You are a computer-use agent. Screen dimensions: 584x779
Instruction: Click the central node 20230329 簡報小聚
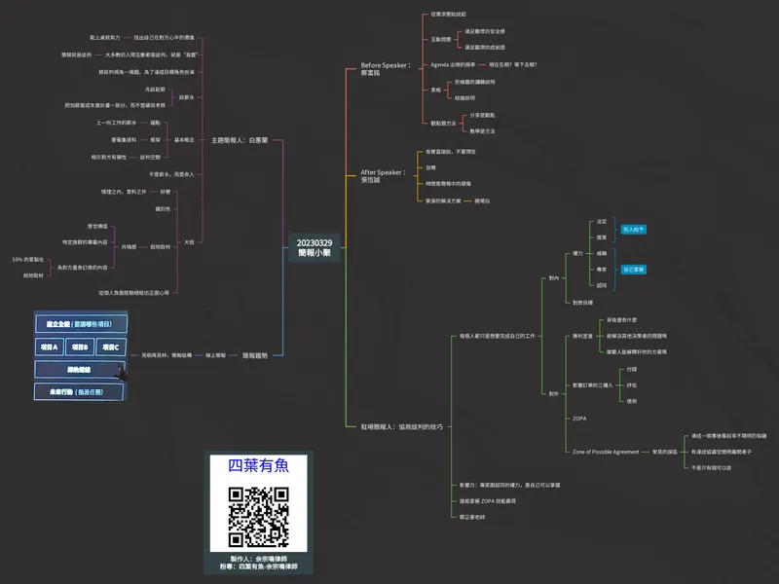[315, 248]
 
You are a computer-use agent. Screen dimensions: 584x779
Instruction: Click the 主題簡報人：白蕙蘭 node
[240, 140]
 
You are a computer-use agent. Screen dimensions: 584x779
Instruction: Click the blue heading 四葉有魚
[259, 465]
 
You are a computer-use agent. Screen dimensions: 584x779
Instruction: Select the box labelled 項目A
[49, 347]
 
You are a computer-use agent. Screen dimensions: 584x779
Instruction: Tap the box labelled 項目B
[81, 347]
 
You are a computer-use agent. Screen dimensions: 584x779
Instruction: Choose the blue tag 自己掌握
[634, 269]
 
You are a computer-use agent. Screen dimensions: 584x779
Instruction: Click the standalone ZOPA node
[579, 418]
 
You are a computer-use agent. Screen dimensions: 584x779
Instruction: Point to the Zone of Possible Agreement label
[606, 452]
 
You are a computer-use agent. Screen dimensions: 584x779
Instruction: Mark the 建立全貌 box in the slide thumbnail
[80, 323]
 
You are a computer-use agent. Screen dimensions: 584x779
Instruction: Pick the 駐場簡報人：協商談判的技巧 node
[402, 426]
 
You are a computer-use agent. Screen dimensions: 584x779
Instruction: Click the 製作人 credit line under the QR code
[258, 559]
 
